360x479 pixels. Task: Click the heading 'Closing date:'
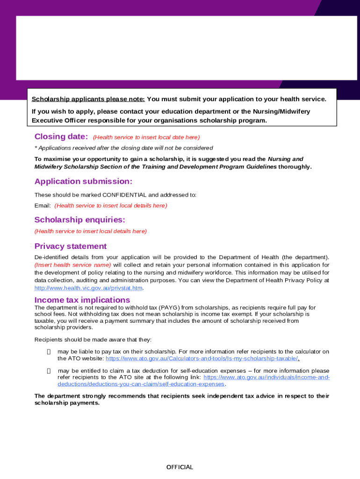coord(61,137)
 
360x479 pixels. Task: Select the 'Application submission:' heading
coord(83,181)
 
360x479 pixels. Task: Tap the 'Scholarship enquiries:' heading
coord(79,220)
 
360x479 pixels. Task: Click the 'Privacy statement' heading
coord(71,247)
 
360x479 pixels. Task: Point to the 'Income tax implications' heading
coord(82,300)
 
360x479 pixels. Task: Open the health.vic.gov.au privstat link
coord(88,288)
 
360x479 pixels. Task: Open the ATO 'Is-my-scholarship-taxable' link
coord(202,358)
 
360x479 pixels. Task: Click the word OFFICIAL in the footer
coord(180,467)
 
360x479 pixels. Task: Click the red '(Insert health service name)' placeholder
coord(73,265)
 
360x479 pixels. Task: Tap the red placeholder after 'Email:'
coord(111,205)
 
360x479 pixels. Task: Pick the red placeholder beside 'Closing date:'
coord(146,138)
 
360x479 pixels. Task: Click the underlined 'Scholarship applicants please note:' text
coord(88,99)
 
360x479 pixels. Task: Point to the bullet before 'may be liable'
coord(49,352)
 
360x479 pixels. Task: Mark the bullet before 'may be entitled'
coord(49,371)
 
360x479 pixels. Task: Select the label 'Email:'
coord(43,205)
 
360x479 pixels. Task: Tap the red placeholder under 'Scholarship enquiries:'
coord(91,231)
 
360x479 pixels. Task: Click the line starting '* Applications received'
coord(124,148)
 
